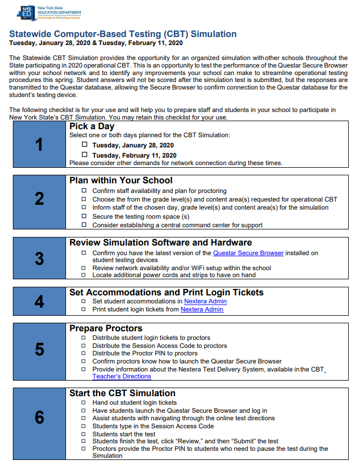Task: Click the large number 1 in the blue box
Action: (x=39, y=144)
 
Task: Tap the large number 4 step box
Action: (x=39, y=301)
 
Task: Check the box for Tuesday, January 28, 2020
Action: (x=84, y=145)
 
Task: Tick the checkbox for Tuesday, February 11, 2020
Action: (x=84, y=155)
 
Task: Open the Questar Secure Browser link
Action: (x=248, y=253)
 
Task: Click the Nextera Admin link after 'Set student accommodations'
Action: (x=205, y=301)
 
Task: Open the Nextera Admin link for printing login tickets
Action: (x=202, y=309)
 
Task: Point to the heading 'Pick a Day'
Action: (x=92, y=127)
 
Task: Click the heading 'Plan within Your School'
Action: (x=121, y=181)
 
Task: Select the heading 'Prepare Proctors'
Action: (x=106, y=328)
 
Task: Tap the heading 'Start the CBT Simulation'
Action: (x=122, y=393)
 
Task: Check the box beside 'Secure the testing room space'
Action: (x=84, y=216)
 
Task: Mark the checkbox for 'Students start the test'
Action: (x=84, y=434)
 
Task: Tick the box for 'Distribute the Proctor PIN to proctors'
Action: (x=84, y=353)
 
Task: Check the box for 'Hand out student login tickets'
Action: (x=84, y=402)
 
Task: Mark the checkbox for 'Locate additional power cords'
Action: (x=84, y=275)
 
